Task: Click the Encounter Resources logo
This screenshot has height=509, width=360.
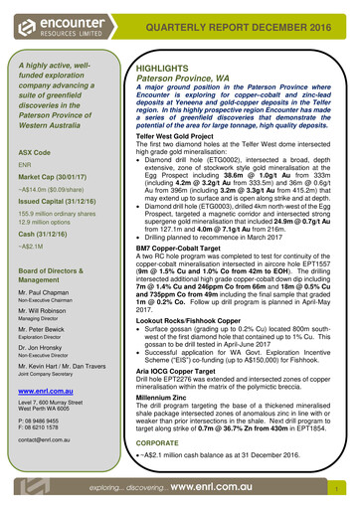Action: [55, 25]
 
